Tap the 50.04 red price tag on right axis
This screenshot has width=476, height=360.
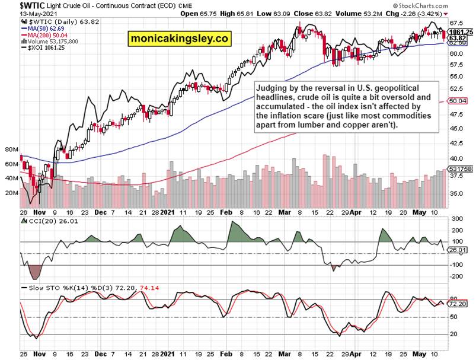(x=459, y=101)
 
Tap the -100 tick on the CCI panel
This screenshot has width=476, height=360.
(x=457, y=265)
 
